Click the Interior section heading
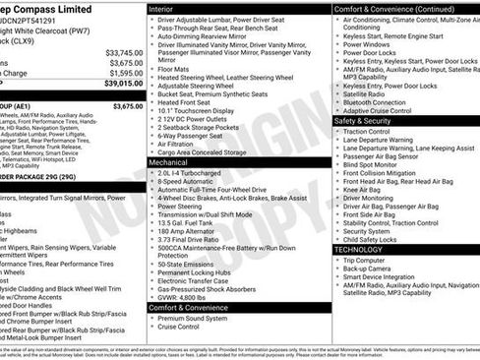tap(168, 8)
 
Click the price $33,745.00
tap(123, 52)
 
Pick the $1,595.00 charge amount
tap(125, 73)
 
